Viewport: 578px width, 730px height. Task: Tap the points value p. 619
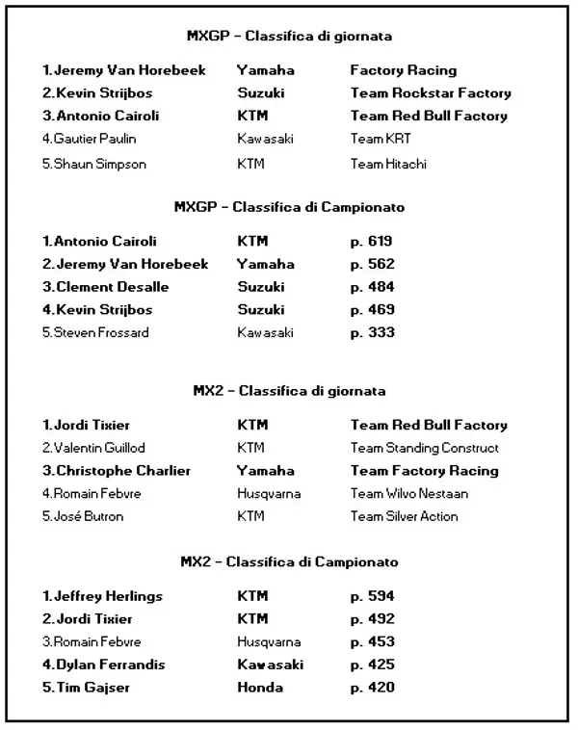coord(372,241)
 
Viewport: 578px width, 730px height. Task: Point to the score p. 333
coord(372,333)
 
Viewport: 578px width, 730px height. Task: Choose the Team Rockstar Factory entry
coord(431,93)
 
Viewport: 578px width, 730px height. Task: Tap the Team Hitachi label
coord(388,164)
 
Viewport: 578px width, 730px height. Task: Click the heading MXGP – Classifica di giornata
coord(289,37)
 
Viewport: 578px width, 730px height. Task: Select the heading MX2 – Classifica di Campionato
coord(289,561)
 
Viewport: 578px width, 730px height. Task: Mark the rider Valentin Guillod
coord(97,448)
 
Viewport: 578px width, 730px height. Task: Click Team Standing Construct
coord(425,448)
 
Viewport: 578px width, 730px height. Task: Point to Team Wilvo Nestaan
coord(409,494)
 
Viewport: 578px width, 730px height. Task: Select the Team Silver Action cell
coord(405,516)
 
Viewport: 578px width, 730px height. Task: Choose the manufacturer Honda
coord(260,688)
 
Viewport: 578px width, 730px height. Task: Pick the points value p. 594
coord(372,596)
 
